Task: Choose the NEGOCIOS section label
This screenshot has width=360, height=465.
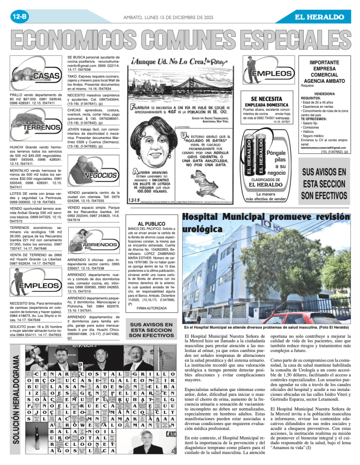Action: click(x=101, y=175)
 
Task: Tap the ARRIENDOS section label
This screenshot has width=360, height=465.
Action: click(x=102, y=244)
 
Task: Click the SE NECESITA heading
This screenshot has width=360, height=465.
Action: click(x=267, y=99)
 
